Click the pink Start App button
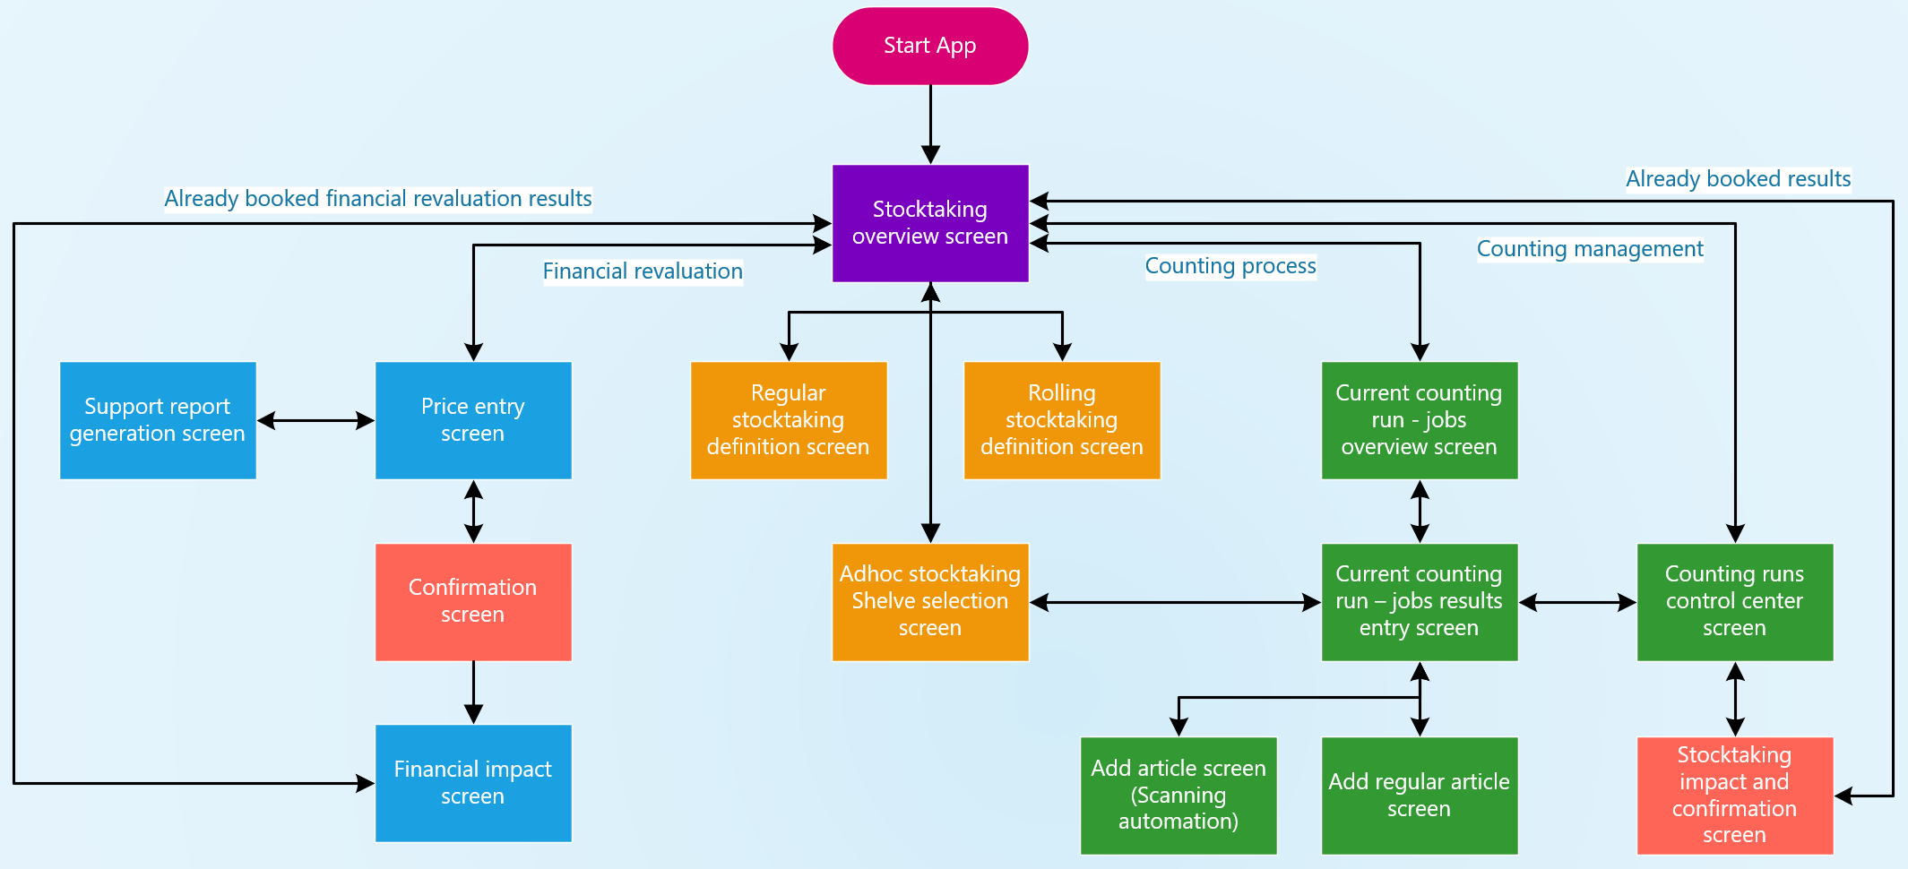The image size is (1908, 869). click(930, 46)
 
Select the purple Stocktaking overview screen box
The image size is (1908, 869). click(930, 223)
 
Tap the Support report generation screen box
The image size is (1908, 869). click(158, 420)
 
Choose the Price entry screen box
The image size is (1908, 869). click(473, 420)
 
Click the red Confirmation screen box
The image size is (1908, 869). click(473, 601)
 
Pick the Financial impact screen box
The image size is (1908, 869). click(473, 783)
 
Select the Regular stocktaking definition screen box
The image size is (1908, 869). click(789, 420)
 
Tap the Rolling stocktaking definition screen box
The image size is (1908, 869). click(1062, 420)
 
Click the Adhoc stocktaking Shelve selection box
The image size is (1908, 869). click(930, 601)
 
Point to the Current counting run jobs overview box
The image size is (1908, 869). click(1420, 420)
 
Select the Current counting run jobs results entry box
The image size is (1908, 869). click(1420, 601)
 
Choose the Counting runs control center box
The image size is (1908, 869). click(1735, 601)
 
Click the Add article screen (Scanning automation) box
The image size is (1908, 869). click(1178, 795)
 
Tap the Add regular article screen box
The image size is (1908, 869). click(1420, 795)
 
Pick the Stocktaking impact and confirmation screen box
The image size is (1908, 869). click(1735, 795)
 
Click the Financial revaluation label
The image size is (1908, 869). click(643, 271)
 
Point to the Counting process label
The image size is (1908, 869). click(1230, 266)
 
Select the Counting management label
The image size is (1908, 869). click(1590, 249)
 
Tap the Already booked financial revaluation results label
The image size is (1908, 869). click(378, 199)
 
